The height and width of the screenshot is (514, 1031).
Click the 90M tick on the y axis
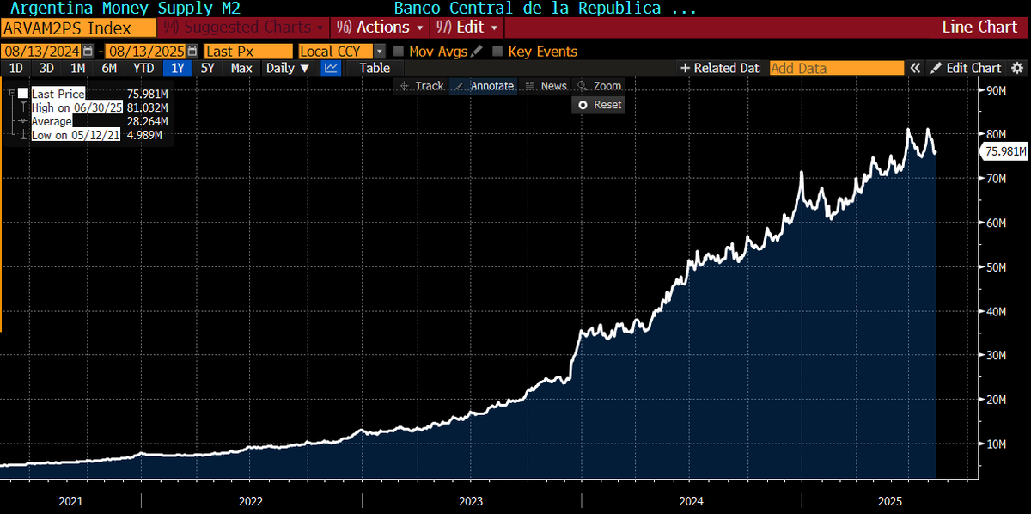[996, 90]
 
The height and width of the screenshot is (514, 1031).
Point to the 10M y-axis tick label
[996, 444]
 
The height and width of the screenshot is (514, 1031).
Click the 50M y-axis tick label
[996, 267]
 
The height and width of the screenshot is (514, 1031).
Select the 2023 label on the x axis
[471, 500]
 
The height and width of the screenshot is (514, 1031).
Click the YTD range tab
[144, 68]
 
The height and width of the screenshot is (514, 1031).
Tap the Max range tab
[241, 68]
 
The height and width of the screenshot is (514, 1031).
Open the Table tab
[375, 68]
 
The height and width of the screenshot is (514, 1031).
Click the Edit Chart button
[967, 68]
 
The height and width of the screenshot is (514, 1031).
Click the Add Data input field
[836, 68]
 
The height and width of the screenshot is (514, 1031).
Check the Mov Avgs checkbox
[399, 52]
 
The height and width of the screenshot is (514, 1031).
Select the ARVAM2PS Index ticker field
[77, 28]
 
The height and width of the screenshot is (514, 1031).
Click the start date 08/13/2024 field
[42, 52]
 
